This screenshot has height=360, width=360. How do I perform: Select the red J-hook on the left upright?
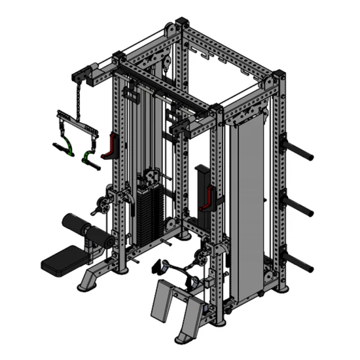point(109,147)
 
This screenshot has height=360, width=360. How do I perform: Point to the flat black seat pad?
point(64,259)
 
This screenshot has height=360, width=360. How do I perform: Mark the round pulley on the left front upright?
point(101,202)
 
